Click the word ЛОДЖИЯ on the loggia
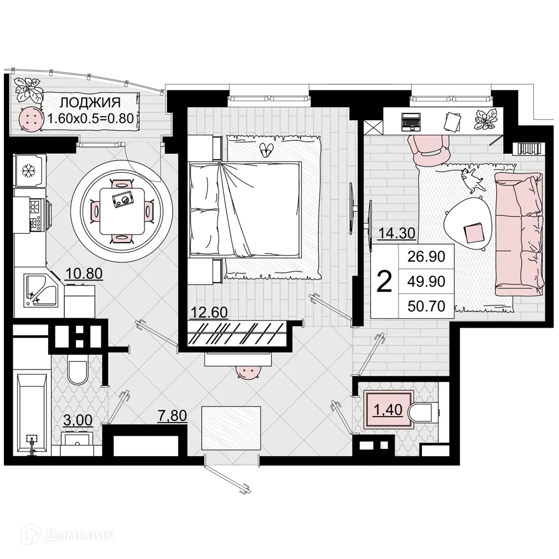[90, 102]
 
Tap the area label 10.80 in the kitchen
[83, 273]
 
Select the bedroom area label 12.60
[209, 312]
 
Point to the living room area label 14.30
[396, 233]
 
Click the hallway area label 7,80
[173, 416]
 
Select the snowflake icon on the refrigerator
[28, 170]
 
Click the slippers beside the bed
[267, 149]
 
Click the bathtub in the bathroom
[31, 414]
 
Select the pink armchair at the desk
[429, 148]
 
